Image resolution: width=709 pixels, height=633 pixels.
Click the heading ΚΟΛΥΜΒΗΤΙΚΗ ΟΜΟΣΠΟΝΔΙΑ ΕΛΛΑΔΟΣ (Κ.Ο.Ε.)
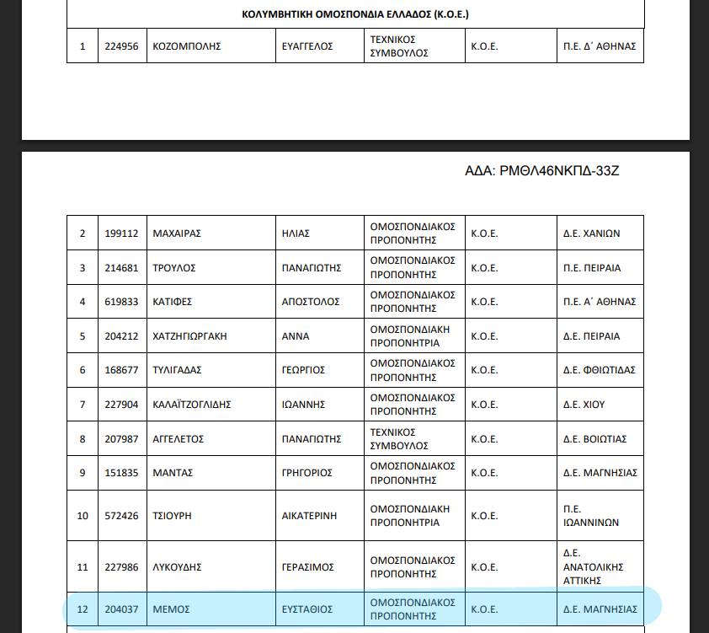(x=354, y=14)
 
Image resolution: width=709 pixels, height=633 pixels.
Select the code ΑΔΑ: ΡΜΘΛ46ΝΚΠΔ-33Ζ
(x=541, y=171)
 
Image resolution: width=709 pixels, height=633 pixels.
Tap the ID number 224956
(x=122, y=46)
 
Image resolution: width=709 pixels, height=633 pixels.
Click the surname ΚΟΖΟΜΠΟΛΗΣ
(x=186, y=46)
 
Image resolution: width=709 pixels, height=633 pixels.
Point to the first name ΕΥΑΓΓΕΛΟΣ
(x=307, y=46)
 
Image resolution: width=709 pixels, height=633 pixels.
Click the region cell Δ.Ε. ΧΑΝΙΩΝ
(x=591, y=233)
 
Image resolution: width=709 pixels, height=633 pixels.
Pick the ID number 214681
(x=122, y=268)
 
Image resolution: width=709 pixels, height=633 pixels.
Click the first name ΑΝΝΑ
(x=296, y=336)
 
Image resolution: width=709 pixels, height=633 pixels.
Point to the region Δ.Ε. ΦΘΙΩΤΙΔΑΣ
(x=600, y=370)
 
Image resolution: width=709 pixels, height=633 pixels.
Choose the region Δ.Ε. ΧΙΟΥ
(x=584, y=405)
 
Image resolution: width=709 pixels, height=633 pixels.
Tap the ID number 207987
(x=122, y=439)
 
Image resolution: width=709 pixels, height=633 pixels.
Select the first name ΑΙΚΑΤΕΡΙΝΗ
(x=312, y=515)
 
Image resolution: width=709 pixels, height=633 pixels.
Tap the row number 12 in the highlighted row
(x=83, y=609)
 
